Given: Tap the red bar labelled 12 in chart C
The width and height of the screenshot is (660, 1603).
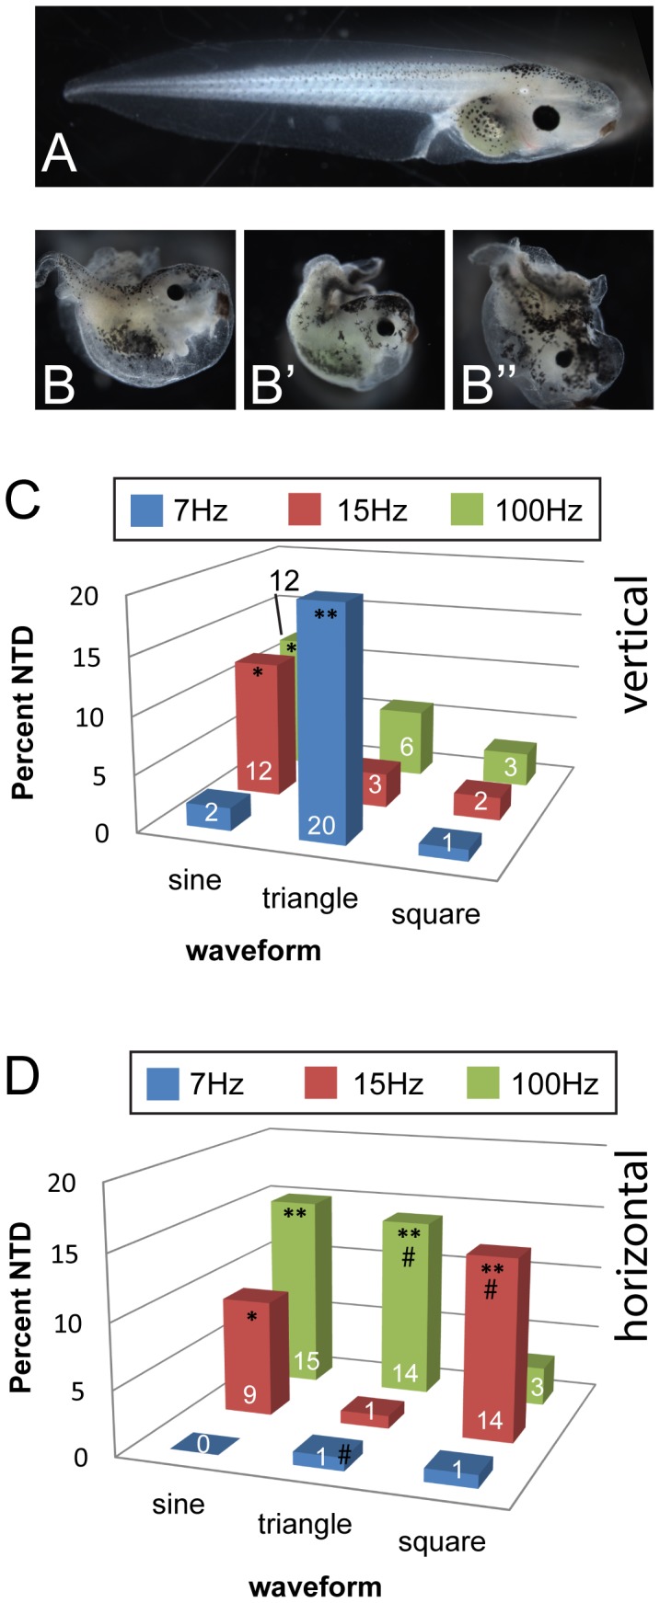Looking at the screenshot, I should (x=263, y=727).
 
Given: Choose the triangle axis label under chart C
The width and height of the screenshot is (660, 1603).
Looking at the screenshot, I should (x=309, y=897).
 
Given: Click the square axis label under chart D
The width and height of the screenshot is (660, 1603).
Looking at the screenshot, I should (x=442, y=1540).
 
